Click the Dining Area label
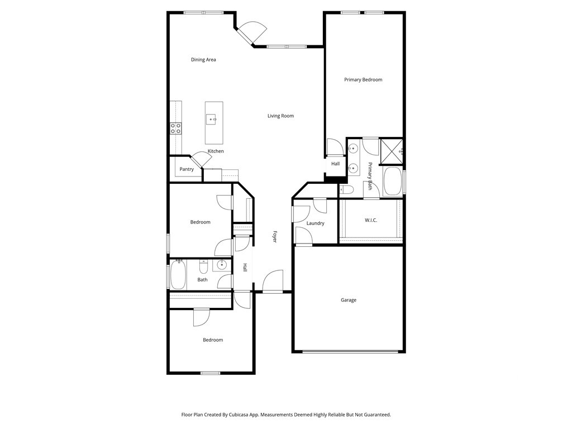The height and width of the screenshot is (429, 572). pos(203,59)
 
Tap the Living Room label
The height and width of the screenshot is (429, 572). pos(280,116)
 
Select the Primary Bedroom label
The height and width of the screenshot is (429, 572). pos(363,79)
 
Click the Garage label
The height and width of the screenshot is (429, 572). pos(349,300)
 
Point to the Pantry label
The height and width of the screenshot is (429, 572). pos(187,169)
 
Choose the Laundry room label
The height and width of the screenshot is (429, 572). pos(315,223)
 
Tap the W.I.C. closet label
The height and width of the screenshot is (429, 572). pos(371,220)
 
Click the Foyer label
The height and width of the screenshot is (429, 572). pos(275,236)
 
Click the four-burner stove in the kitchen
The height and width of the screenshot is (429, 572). pos(176,128)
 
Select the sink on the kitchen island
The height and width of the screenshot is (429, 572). pos(211,120)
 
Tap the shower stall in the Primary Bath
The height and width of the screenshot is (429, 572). pos(392,151)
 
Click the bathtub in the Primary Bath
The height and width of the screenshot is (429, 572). pos(393,182)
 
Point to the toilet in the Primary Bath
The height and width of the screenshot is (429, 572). pos(346,190)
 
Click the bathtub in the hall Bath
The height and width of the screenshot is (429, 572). pos(178,274)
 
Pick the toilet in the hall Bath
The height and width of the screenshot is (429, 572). pos(203,267)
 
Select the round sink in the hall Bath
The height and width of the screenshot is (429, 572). pos(221,265)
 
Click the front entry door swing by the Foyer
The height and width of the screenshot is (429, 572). pos(273,281)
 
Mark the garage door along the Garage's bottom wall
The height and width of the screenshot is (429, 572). pos(350,352)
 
